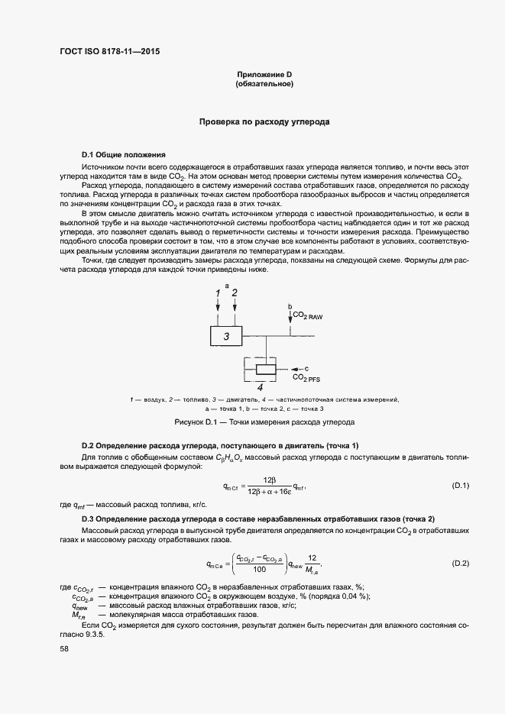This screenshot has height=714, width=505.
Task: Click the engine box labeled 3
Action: (x=226, y=335)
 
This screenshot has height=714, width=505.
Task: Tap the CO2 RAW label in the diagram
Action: (x=308, y=315)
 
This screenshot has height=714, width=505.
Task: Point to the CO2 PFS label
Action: (x=306, y=378)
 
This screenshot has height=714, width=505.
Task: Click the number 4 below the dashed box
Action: (x=260, y=387)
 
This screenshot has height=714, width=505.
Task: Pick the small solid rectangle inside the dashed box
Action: (x=265, y=370)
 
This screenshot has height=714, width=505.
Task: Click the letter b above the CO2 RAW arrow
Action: (x=290, y=306)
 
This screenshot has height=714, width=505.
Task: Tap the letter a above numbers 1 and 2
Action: (x=226, y=286)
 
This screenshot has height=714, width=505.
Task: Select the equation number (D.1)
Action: (x=460, y=486)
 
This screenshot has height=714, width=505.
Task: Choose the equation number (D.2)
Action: (x=460, y=564)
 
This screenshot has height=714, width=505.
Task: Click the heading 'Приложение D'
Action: (x=264, y=74)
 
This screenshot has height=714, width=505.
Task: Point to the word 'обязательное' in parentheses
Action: (x=264, y=84)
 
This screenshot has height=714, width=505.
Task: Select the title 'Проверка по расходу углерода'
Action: (x=264, y=121)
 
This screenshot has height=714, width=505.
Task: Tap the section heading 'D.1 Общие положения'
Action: (x=123, y=154)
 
